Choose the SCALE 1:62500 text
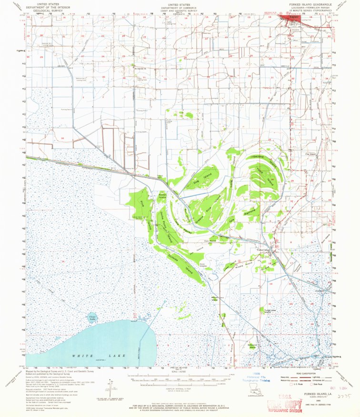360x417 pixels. [x=180, y=372]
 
